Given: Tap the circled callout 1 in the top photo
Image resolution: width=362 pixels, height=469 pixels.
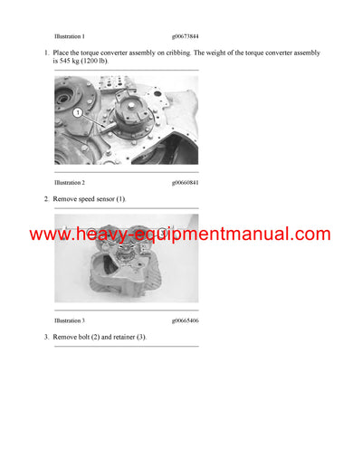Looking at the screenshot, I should tap(79, 113).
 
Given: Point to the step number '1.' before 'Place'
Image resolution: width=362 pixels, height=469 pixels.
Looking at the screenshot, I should tap(46, 53).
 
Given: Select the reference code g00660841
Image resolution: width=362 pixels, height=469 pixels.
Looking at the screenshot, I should tap(187, 181).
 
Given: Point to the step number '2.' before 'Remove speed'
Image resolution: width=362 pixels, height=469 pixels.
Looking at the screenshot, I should tap(46, 198).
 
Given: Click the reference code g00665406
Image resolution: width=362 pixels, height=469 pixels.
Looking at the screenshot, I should tap(187, 320).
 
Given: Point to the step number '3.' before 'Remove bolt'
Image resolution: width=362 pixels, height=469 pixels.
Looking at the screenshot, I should tap(46, 337).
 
